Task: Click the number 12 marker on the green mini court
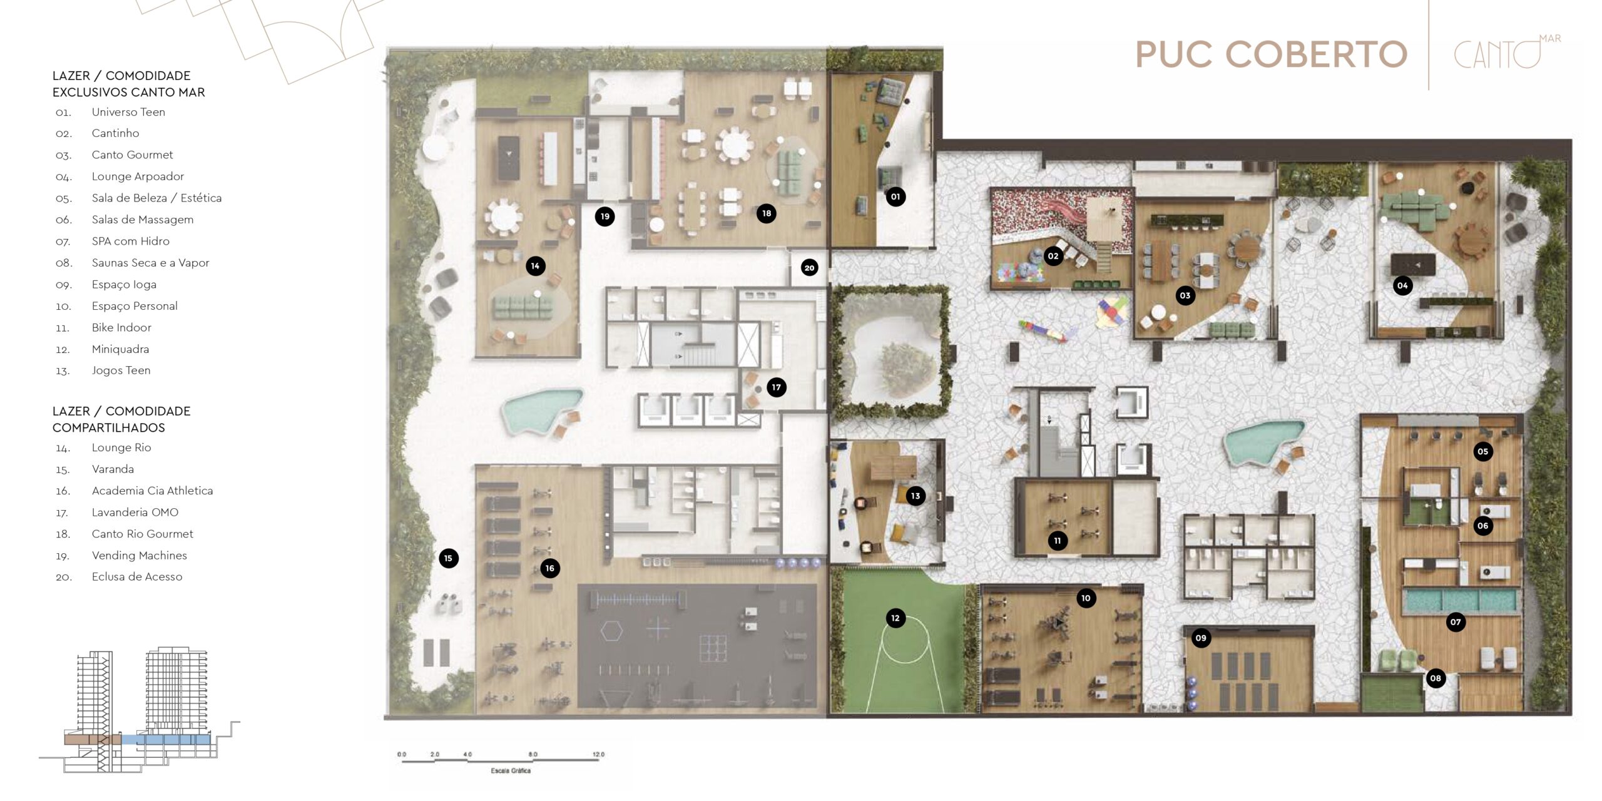click(895, 618)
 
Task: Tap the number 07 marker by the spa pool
click(1456, 622)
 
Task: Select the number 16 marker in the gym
click(549, 568)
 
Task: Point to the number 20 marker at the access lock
click(809, 268)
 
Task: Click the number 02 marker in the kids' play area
click(1053, 256)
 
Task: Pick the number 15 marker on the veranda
click(448, 558)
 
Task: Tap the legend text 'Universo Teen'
click(128, 112)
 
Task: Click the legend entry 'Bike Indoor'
click(121, 327)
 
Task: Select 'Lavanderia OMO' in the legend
click(135, 512)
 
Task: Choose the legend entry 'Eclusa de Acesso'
click(137, 577)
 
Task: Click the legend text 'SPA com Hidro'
click(131, 241)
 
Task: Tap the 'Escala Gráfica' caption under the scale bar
click(511, 770)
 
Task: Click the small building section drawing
click(139, 710)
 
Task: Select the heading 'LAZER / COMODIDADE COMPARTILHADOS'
click(121, 419)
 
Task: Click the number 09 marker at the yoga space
click(1200, 638)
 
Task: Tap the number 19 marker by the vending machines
click(605, 217)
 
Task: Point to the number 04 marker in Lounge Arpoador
click(1402, 286)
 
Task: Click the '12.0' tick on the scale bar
click(598, 754)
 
